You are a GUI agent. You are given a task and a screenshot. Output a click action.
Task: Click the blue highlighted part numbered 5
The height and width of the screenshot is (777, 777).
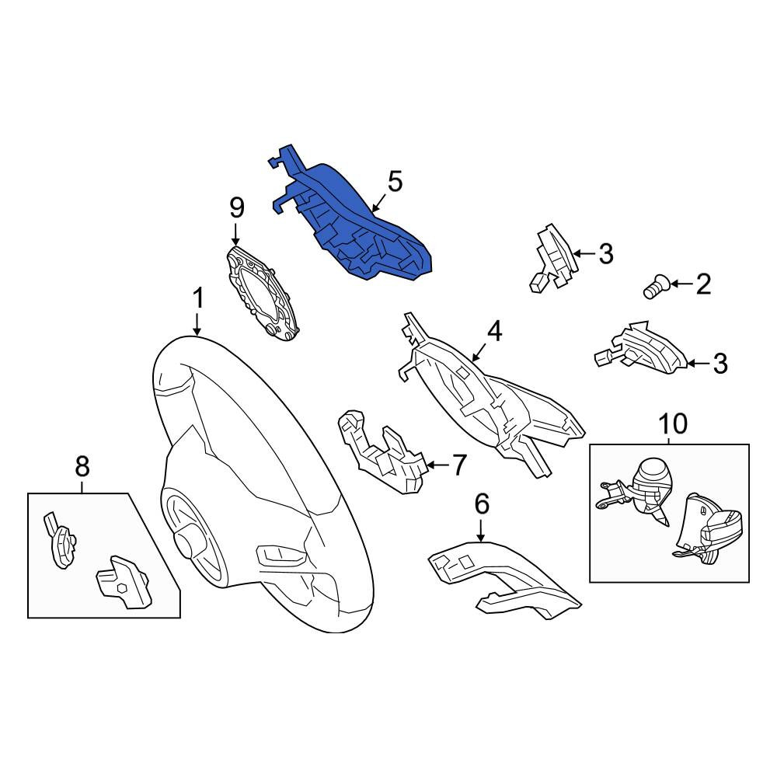(357, 223)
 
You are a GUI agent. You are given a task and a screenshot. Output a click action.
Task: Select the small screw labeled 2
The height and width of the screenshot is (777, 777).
(657, 287)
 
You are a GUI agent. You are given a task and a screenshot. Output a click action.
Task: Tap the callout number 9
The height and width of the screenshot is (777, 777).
(237, 207)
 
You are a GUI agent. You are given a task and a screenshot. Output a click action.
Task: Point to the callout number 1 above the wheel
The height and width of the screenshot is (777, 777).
(197, 299)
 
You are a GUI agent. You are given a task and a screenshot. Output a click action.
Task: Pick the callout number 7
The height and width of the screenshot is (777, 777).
(459, 465)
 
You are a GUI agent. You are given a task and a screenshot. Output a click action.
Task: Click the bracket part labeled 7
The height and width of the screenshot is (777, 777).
(382, 451)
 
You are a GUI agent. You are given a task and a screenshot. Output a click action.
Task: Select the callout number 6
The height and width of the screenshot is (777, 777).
(482, 503)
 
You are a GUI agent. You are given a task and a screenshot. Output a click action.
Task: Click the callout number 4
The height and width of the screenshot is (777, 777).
(494, 332)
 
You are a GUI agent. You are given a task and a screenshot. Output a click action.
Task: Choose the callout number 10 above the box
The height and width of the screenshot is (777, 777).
(673, 423)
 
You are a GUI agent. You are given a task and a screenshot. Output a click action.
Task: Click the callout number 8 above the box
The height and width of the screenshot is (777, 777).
(82, 466)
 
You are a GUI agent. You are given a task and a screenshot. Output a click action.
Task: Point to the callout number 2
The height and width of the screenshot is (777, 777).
(703, 284)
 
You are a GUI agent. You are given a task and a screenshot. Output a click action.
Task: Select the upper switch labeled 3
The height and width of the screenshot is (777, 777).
(554, 258)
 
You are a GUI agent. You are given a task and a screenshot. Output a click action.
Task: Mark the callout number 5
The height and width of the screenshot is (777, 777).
(395, 181)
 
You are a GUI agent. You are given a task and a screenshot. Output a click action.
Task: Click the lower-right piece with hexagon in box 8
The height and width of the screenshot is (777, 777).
(124, 583)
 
